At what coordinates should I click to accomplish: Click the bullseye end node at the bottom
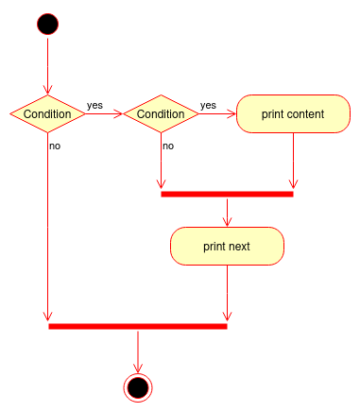point(137,386)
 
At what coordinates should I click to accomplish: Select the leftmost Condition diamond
point(47,113)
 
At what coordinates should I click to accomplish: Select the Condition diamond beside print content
point(161,113)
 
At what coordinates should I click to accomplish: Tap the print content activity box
point(293,113)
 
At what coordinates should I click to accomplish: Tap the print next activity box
point(227,246)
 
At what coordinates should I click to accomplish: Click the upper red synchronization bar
point(227,194)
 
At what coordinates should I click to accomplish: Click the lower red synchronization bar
point(137,326)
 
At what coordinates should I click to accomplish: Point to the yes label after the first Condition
point(95,105)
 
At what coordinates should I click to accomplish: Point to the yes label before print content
point(208,105)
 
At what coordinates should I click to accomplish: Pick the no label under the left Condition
point(55,146)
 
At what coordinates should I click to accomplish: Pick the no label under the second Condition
point(167,146)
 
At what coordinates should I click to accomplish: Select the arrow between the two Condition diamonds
point(104,113)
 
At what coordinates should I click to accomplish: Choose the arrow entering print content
point(217,113)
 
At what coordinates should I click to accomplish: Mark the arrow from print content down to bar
point(294,161)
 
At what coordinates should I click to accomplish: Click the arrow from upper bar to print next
point(228,212)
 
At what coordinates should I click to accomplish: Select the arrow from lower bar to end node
point(138,352)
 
